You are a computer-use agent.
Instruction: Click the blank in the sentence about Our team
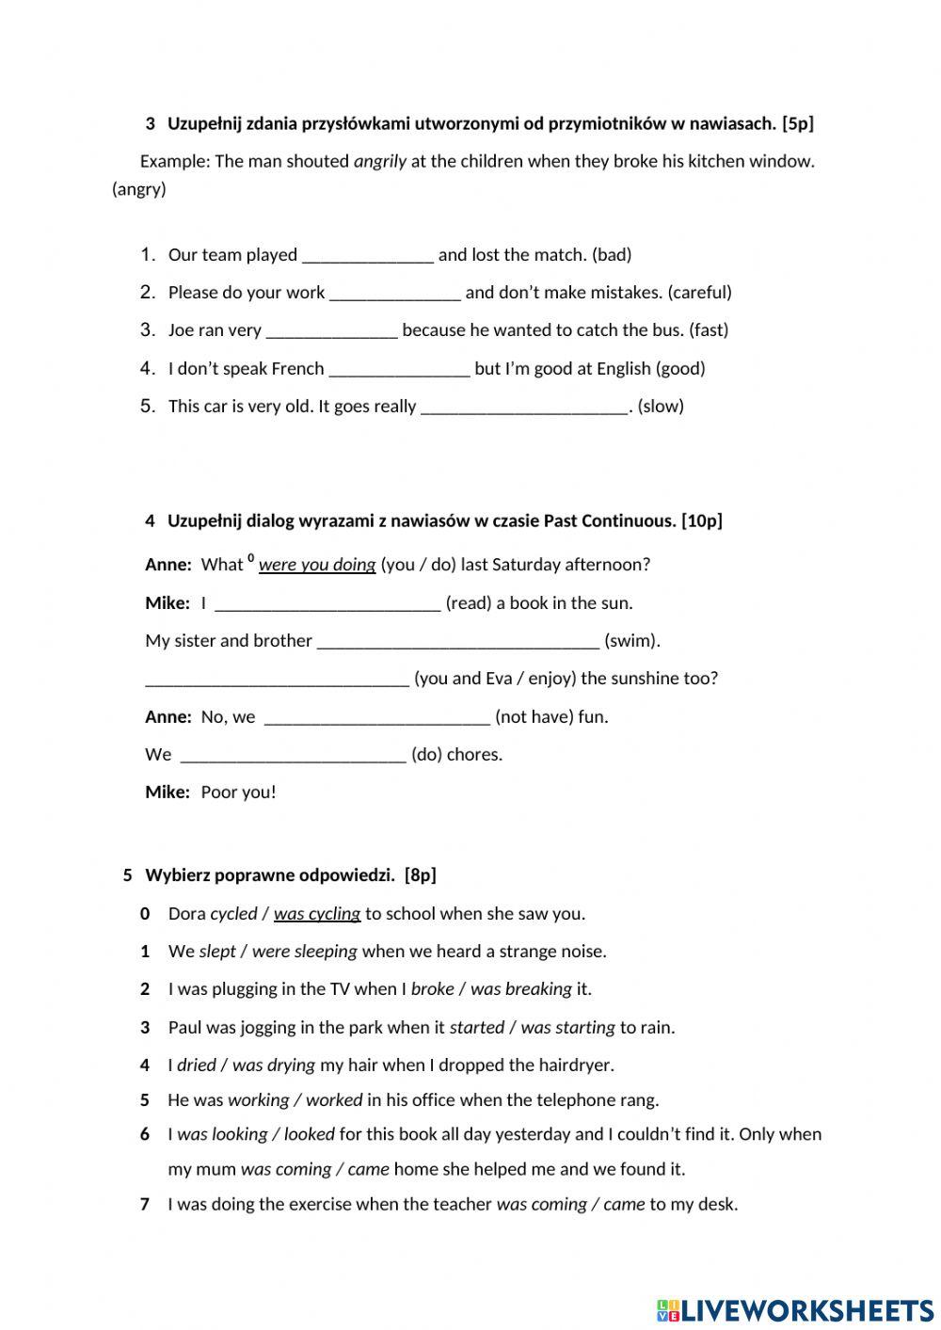(367, 256)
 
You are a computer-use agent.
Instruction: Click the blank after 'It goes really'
(524, 408)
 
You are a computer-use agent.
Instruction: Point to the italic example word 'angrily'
(379, 161)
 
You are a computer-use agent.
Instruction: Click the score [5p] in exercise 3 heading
(797, 123)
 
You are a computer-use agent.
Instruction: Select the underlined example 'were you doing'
(316, 565)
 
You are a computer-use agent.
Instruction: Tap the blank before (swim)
(457, 642)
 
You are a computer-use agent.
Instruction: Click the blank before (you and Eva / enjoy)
(277, 680)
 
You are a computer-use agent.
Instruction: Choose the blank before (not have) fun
(376, 718)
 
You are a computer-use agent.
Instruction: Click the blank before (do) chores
(293, 756)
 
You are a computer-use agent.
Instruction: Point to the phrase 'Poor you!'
(238, 793)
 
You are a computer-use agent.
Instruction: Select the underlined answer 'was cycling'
(316, 914)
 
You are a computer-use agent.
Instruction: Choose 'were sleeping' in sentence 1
(304, 952)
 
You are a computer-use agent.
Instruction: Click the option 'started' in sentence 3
(476, 1028)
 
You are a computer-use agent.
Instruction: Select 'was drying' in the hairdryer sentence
(273, 1066)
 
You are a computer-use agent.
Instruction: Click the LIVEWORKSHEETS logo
(794, 1310)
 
